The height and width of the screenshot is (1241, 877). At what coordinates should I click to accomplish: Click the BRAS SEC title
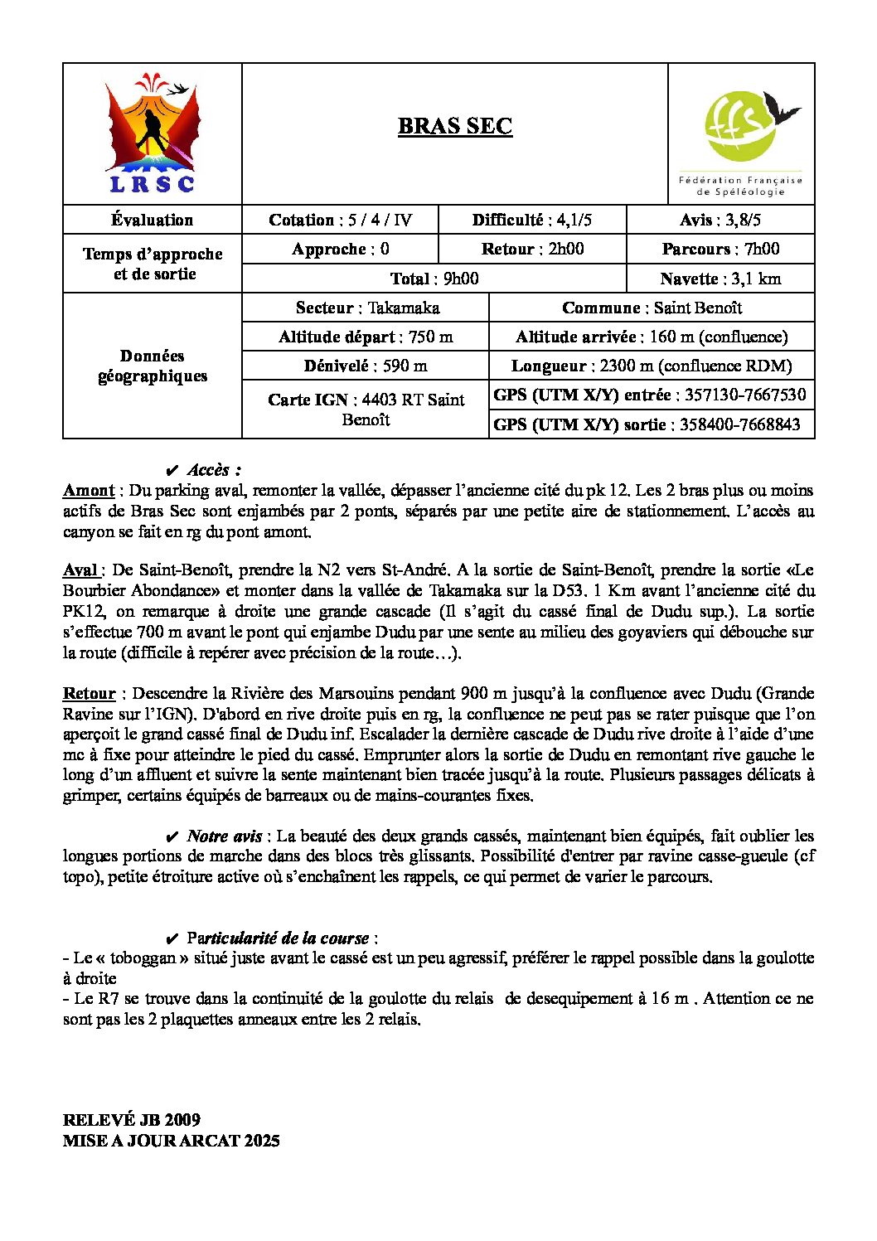(x=454, y=126)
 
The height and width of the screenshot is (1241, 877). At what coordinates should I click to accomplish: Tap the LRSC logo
(x=153, y=134)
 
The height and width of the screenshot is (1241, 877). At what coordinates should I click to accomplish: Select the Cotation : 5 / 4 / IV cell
(x=340, y=220)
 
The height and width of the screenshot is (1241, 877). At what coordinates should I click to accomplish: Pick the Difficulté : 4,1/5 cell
(x=532, y=220)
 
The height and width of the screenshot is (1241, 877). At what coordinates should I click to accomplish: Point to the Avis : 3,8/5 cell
(x=720, y=220)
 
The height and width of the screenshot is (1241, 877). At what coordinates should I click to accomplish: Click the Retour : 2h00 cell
(x=532, y=249)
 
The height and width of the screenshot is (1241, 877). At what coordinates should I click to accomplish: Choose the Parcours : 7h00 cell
(x=720, y=249)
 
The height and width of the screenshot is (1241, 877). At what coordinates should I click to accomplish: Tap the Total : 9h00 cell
(x=434, y=279)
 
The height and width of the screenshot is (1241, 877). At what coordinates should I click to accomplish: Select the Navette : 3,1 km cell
(x=720, y=279)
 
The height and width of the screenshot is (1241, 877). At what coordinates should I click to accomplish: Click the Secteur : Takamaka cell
(x=366, y=308)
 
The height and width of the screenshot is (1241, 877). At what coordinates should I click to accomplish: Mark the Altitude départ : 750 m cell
(x=366, y=337)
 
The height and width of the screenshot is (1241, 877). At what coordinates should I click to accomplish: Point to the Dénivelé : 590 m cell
(x=366, y=366)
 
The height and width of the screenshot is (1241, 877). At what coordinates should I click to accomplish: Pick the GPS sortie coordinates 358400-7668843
(x=739, y=424)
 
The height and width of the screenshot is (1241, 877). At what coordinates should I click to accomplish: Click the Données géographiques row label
(x=153, y=366)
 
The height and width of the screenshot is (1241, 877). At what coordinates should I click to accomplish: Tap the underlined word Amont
(x=89, y=490)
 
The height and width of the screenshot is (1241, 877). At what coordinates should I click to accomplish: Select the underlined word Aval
(x=81, y=570)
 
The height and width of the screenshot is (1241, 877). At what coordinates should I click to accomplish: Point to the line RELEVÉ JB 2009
(x=132, y=1120)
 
